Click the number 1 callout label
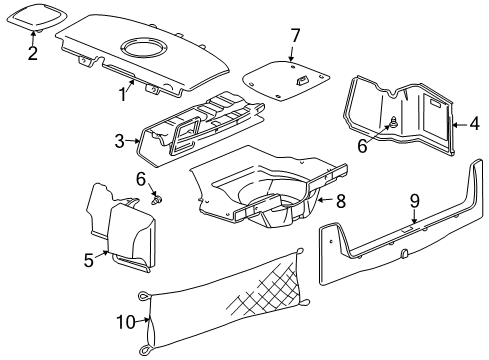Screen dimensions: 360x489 124,96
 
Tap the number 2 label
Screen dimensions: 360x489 32,53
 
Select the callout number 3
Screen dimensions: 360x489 118,141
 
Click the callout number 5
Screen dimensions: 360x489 89,260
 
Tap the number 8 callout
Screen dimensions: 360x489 340,201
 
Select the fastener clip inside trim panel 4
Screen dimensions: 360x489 393,124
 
